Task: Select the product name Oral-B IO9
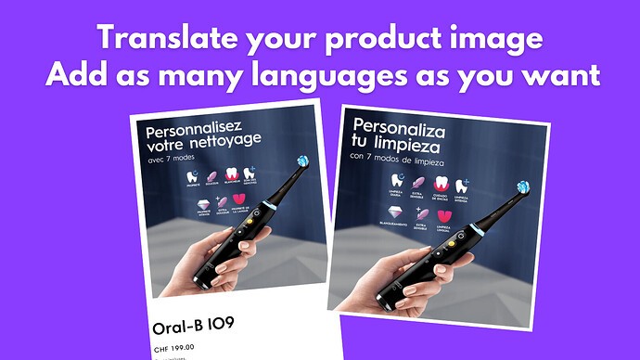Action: tap(192, 328)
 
